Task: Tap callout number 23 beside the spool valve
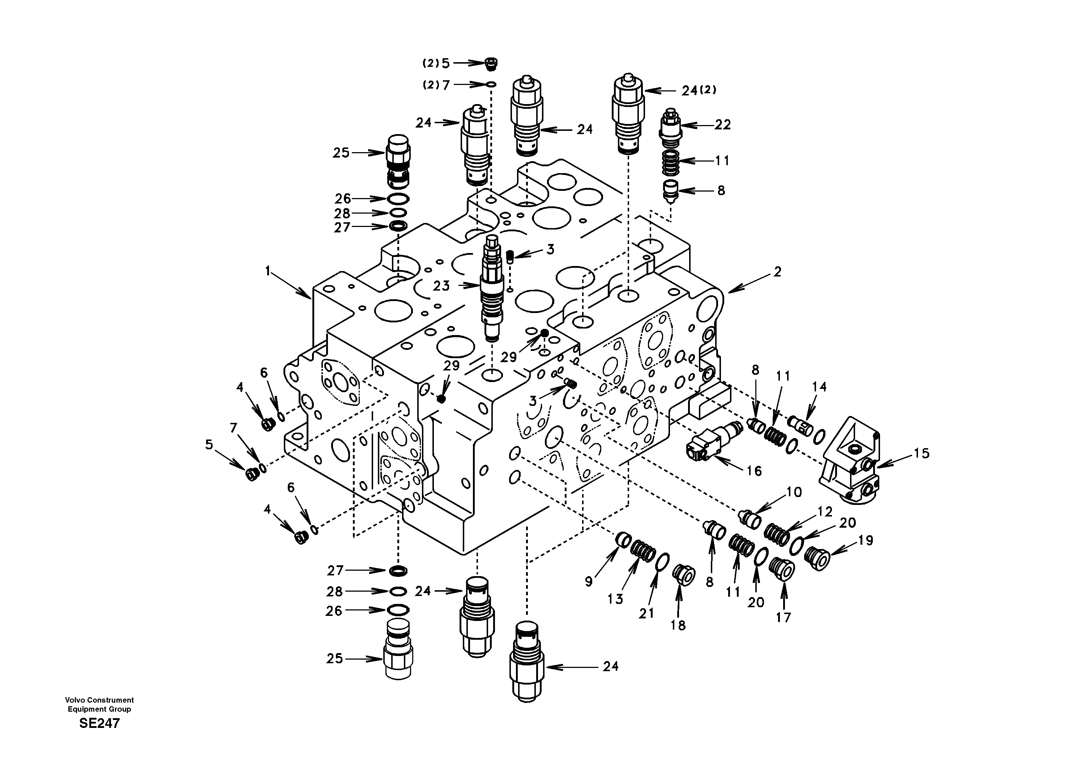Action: (x=441, y=286)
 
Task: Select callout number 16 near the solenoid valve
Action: (x=754, y=471)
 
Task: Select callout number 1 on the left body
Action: (x=268, y=271)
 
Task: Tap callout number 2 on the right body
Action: (x=777, y=272)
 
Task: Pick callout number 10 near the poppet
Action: (x=794, y=492)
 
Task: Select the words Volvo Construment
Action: (x=99, y=700)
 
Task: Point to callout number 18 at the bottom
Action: (x=678, y=625)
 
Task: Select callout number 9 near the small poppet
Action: (x=589, y=582)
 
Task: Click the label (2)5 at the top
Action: (x=436, y=63)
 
